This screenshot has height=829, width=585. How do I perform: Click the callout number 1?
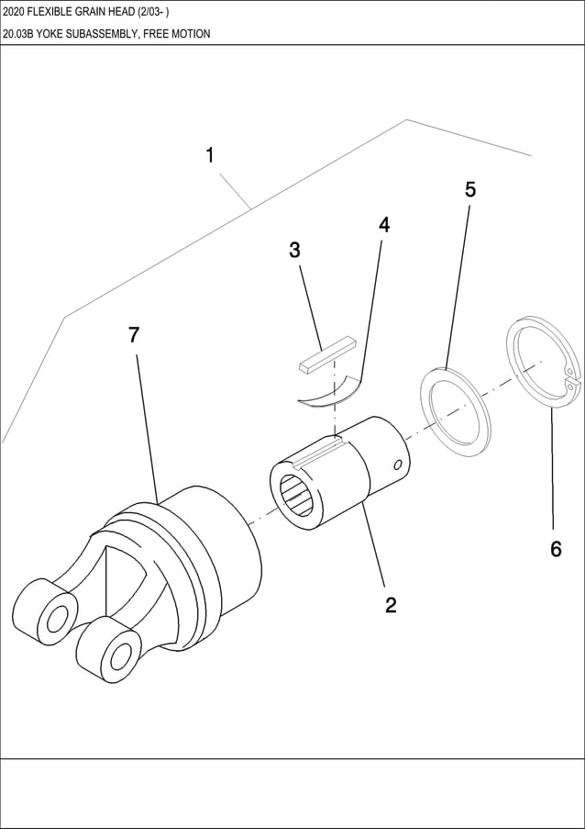click(210, 156)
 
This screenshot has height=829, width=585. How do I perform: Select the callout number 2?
click(391, 605)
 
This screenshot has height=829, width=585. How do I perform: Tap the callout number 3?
click(294, 250)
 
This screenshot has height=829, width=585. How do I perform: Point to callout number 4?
click(384, 225)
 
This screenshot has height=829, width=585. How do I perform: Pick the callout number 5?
click(470, 190)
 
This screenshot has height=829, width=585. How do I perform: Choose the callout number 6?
click(556, 549)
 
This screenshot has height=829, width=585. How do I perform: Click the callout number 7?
click(134, 335)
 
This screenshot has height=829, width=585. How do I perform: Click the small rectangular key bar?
click(326, 355)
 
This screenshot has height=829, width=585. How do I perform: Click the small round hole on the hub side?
click(397, 465)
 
